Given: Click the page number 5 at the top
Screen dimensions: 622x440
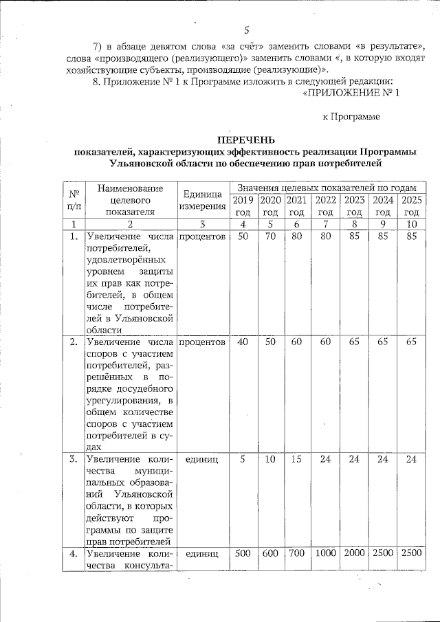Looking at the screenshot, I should pos(245,30).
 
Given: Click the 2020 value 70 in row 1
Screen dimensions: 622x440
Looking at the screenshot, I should pos(271,236).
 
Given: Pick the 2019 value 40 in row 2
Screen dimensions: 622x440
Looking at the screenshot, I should pos(243,342).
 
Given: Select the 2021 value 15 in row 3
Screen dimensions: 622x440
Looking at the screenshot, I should pos(296,459).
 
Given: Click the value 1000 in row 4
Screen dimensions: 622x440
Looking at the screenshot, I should pos(325,553).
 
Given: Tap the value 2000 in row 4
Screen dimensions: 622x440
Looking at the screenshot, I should pos(354,553).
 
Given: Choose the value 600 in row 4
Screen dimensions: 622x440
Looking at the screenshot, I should pos(271,553).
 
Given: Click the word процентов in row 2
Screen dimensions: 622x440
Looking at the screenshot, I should pos(202,342).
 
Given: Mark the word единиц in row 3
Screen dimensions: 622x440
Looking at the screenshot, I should pos(202,459).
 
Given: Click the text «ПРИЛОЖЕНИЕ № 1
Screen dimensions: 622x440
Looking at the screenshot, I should pos(351,93).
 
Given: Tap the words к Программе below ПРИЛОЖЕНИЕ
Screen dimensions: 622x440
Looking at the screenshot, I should pos(351,117).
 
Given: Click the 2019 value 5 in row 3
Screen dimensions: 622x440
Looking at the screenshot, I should pos(243,459).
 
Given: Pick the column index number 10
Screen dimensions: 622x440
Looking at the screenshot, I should pos(411,224).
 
